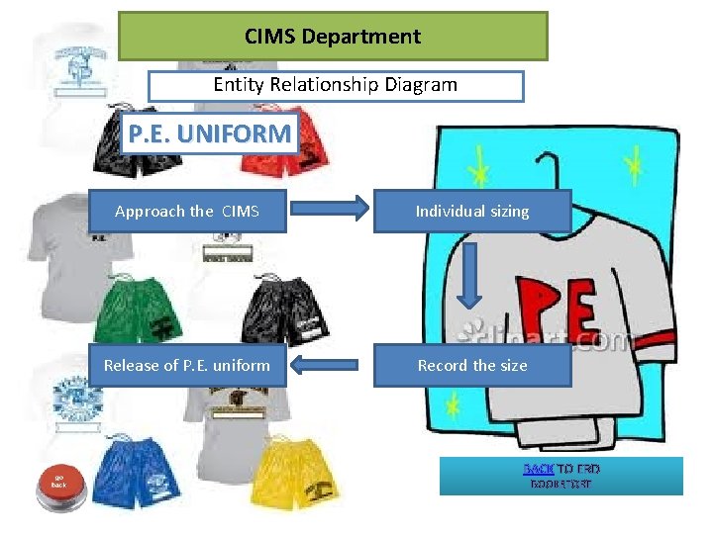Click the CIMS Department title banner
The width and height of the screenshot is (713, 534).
333,37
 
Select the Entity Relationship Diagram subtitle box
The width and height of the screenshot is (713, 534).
335,85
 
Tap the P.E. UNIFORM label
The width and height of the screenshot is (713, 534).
209,133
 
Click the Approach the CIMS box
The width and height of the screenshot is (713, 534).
187,211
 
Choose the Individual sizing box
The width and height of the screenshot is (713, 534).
471,211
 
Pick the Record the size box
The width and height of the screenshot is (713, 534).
471,365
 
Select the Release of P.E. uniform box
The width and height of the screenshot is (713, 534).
187,365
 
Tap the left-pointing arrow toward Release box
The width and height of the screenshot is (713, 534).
329,366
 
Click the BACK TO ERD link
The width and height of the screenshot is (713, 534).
539,469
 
